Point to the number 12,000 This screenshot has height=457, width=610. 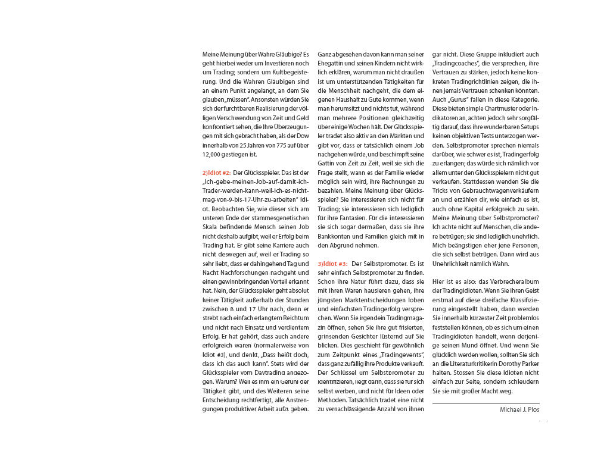tap(212, 154)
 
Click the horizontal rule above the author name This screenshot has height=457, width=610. tap(486, 403)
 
